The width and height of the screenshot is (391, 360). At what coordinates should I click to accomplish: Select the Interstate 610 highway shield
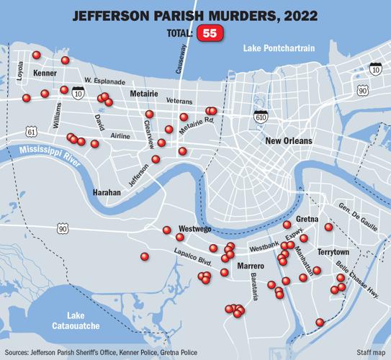[x=260, y=115]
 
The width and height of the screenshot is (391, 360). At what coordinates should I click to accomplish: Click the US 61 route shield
[x=30, y=130]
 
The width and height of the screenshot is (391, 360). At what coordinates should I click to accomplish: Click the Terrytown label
[x=333, y=253]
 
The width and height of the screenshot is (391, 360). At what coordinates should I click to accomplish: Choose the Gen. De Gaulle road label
[x=357, y=217]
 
